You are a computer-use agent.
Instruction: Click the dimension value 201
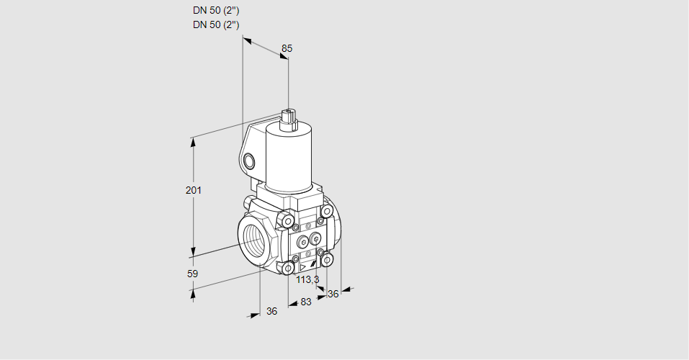(194, 190)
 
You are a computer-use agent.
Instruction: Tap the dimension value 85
(287, 48)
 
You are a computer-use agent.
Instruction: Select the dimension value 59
(192, 274)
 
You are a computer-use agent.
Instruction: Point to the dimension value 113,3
(307, 279)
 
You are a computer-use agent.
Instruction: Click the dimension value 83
(305, 302)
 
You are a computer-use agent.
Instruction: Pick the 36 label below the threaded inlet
(271, 311)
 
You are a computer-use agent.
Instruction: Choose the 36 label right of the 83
(333, 294)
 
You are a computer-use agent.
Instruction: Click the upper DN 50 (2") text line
(216, 11)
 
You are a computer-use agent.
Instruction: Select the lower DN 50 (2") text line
(216, 24)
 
